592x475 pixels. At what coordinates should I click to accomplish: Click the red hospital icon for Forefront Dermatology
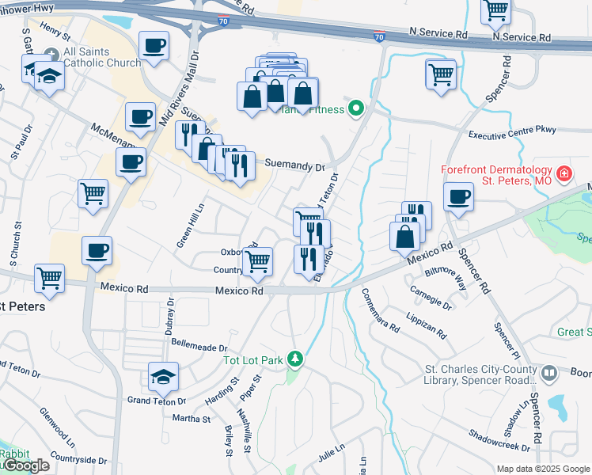(x=563, y=173)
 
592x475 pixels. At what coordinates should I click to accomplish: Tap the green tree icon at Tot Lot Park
(x=295, y=360)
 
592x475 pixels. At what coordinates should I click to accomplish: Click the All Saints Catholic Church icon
(x=52, y=54)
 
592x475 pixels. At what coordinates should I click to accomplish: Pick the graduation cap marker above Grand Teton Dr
(x=163, y=377)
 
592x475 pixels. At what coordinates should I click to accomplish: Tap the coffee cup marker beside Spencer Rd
(x=458, y=197)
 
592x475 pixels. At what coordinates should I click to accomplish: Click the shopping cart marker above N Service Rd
(x=496, y=10)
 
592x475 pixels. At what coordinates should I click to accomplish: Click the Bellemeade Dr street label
(x=199, y=348)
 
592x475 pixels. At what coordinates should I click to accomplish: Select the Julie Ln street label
(x=332, y=454)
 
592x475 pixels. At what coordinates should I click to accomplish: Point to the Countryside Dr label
(x=78, y=460)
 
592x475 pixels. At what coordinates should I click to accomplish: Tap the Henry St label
(x=55, y=31)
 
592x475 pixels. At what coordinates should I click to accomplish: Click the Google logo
(x=25, y=465)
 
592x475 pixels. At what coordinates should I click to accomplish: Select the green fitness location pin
(x=357, y=109)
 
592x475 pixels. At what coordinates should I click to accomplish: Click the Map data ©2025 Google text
(x=543, y=469)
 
